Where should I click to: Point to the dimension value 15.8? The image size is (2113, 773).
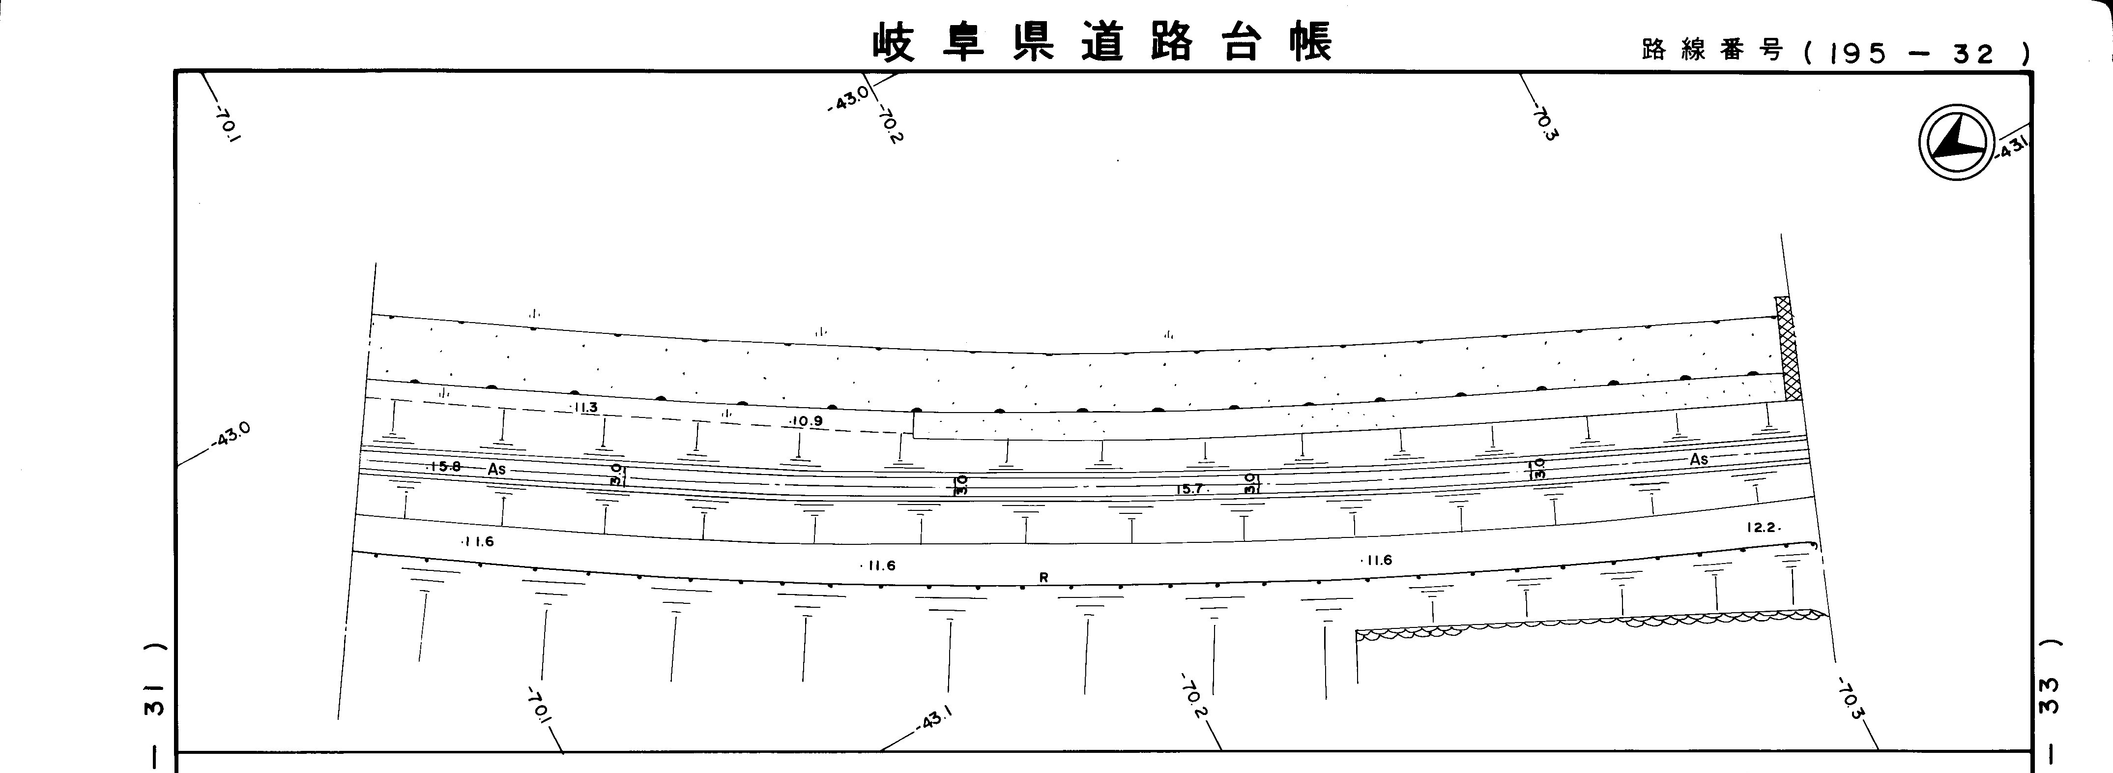[x=445, y=467]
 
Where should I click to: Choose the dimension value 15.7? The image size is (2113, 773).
[x=1189, y=489]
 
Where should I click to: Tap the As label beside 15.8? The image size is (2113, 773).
[x=497, y=470]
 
